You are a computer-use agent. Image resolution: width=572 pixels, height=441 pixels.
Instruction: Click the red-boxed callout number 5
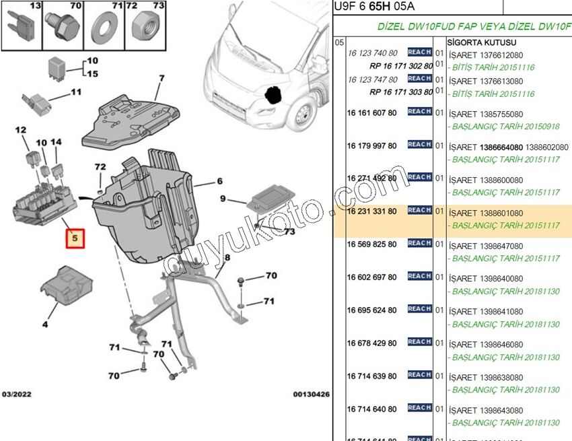coord(75,238)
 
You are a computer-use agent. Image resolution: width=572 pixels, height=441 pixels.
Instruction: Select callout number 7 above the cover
coord(162,78)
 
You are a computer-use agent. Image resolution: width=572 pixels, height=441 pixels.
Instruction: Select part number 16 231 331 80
coord(371,211)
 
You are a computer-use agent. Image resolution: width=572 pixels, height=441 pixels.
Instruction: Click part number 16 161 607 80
coord(371,114)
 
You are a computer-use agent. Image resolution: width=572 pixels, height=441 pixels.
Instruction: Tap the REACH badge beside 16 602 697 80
coord(419,276)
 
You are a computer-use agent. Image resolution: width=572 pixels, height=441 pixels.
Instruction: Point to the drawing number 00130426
coord(310,395)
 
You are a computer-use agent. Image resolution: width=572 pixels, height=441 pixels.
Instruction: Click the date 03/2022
coord(16,395)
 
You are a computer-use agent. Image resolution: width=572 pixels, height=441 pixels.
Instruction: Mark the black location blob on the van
coord(273,95)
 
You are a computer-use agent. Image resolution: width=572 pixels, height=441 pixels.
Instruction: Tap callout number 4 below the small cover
coord(45,325)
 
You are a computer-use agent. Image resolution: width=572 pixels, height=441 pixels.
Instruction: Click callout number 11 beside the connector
coord(75,92)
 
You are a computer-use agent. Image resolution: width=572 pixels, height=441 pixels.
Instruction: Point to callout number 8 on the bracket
coord(227,258)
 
